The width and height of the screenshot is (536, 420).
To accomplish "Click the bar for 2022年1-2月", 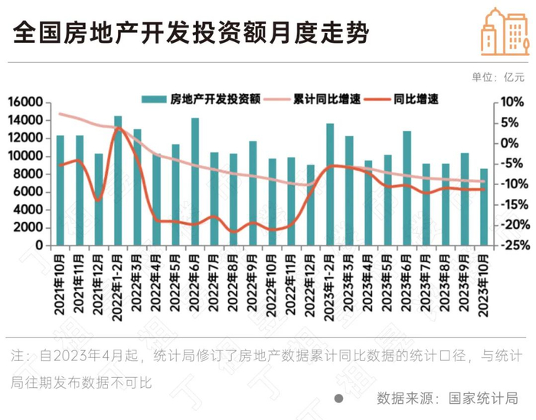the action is [118, 181].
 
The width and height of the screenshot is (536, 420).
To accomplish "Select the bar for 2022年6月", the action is [195, 181].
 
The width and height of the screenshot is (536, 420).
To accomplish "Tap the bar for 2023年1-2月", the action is [330, 184].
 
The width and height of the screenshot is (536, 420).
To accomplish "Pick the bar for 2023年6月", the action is [407, 188].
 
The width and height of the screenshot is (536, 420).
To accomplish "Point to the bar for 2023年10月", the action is [484, 207].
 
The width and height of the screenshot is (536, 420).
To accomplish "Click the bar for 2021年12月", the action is [99, 200].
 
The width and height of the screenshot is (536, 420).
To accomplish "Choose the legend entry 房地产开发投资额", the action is [201, 99].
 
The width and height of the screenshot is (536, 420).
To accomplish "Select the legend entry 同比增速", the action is [401, 99].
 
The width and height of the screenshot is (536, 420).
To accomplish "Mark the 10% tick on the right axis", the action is [512, 102].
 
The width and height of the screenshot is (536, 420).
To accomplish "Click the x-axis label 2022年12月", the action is [310, 286].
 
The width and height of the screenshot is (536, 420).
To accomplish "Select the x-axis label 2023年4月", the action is [368, 283].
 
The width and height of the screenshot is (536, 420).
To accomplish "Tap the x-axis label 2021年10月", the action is [60, 285].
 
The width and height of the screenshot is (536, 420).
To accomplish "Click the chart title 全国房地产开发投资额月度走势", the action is [191, 33].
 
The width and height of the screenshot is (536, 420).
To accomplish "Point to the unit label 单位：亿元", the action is [498, 77].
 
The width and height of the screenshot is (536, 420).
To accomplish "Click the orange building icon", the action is [505, 32].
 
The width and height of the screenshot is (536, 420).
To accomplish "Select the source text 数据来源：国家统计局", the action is [447, 398].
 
